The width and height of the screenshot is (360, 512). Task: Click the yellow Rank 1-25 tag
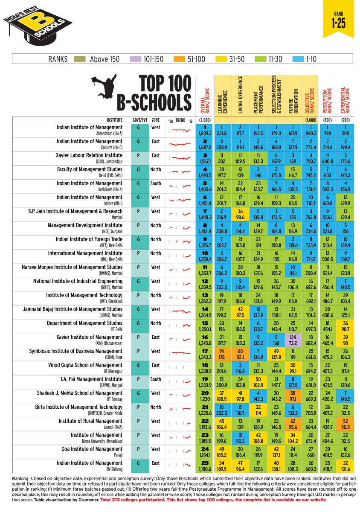click(338, 19)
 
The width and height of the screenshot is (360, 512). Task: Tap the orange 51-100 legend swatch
click(179, 59)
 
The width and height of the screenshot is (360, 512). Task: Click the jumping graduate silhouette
click(105, 87)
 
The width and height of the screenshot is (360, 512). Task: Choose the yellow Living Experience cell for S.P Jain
click(240, 215)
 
